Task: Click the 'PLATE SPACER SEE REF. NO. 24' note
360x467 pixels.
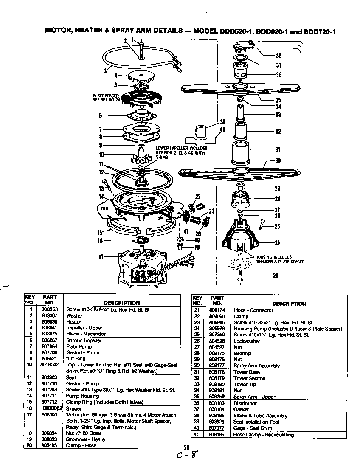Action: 106,98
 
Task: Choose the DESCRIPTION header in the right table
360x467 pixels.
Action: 289,304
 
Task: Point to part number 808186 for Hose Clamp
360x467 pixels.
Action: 217,435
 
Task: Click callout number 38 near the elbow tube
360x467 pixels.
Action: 279,55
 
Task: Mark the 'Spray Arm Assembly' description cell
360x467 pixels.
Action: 256,366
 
